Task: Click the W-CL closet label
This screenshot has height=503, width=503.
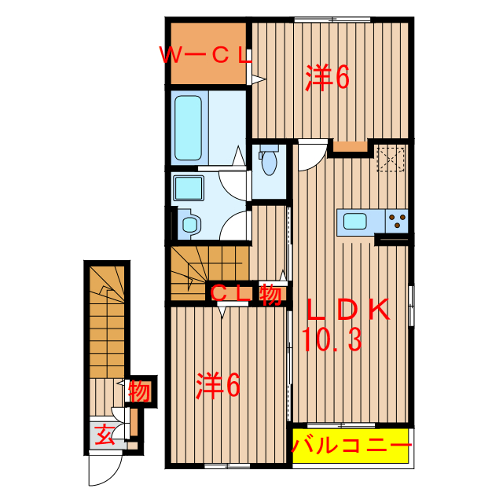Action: coord(206,56)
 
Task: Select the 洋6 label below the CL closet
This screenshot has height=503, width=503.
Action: coord(218,385)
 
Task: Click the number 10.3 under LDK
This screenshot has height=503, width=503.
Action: coord(331,340)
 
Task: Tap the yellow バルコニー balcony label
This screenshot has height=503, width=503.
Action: coord(351,447)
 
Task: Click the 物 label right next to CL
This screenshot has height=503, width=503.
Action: coord(270,294)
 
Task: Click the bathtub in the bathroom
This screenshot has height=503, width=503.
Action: coord(189,128)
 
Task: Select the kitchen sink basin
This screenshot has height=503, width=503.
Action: coord(355,222)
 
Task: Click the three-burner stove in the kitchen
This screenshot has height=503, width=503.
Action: coord(398,222)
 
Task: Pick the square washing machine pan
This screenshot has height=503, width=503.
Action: coord(189,189)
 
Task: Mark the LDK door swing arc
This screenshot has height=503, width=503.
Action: coord(310,155)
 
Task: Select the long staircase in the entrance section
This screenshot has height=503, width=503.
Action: coord(105,322)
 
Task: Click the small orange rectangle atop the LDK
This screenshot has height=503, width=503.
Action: coord(351,146)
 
